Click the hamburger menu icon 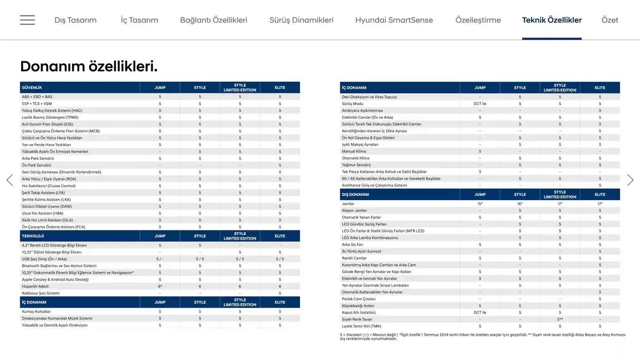pos(27,20)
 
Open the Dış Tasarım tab pos(76,20)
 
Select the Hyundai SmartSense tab pos(394,20)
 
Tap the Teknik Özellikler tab pos(552,20)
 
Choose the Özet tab pos(610,20)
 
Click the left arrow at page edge pos(9,180)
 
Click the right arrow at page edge pos(630,180)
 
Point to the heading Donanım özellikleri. pos(88,66)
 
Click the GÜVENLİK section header pos(32,87)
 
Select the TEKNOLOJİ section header pos(33,236)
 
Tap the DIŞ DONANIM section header pos(355,194)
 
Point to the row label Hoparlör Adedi pos(35,286)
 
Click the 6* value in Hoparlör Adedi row pos(160,286)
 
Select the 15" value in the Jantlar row pos(480,204)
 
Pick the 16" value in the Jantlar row pos(520,204)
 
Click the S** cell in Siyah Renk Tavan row pos(560,319)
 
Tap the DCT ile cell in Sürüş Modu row pos(480,103)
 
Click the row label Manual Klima pos(354,151)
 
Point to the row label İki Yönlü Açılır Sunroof pos(362,251)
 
